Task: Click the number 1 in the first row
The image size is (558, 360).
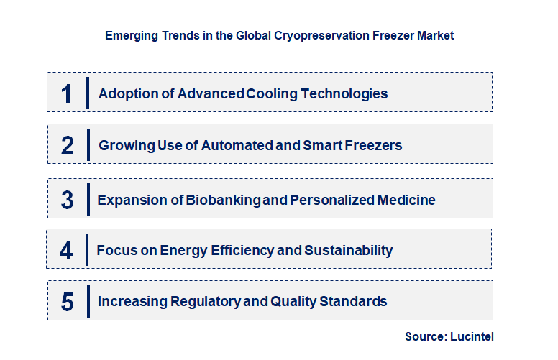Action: [66, 93]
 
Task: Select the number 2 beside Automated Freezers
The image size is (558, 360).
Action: [68, 145]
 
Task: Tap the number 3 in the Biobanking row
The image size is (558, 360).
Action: [67, 200]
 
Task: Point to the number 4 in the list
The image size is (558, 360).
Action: [66, 251]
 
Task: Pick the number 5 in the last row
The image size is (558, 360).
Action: [67, 302]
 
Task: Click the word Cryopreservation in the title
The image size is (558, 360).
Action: [291, 35]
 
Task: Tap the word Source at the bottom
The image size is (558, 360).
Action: [424, 336]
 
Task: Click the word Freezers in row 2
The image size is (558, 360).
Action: [373, 145]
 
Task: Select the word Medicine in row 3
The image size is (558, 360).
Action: [408, 200]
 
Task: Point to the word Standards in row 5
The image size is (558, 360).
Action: [357, 302]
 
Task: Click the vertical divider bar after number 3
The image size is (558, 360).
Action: [87, 200]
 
